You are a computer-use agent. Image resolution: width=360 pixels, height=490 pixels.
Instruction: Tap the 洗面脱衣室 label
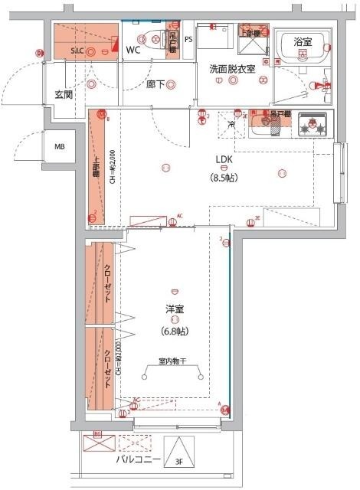pyautogui.click(x=231, y=69)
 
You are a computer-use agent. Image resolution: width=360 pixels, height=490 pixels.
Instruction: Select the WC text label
pyautogui.click(x=133, y=50)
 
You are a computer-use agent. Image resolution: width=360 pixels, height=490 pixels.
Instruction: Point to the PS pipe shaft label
pyautogui.click(x=188, y=39)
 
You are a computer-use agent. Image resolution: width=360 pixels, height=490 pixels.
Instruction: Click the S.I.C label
pyautogui.click(x=77, y=50)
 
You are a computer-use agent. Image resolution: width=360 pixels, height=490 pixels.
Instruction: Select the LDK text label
pyautogui.click(x=224, y=159)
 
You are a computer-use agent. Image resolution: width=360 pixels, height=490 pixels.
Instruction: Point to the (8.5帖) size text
pyautogui.click(x=224, y=175)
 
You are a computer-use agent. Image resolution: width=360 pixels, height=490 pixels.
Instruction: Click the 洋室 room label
pyautogui.click(x=174, y=310)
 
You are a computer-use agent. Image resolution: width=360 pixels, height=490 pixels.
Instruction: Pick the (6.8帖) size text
pyautogui.click(x=174, y=332)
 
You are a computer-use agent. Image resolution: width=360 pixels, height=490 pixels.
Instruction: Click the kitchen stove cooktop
pyautogui.click(x=313, y=126)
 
